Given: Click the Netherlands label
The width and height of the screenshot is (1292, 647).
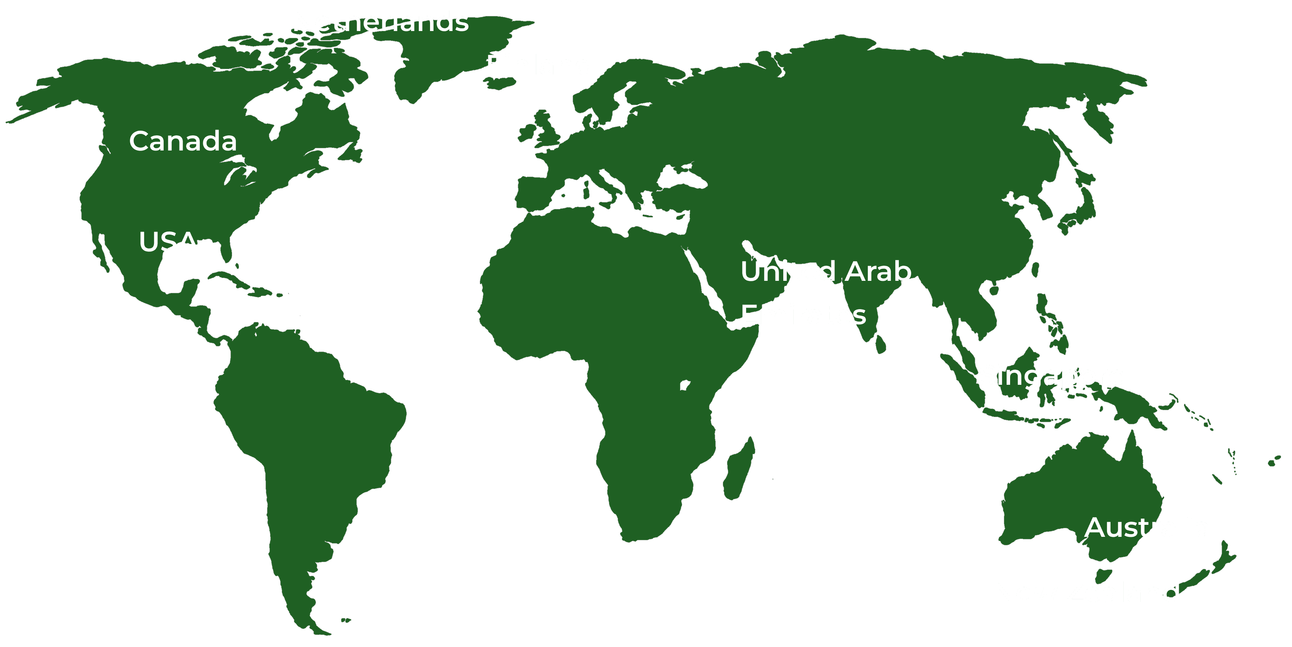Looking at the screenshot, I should (x=380, y=22).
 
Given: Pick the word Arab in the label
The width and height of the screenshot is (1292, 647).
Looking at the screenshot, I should (x=878, y=272).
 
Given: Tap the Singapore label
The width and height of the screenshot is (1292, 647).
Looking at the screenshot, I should (x=1052, y=375).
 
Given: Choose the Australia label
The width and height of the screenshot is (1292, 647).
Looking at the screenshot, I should (x=1147, y=528).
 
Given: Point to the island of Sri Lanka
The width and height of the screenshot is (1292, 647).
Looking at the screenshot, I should (x=881, y=344).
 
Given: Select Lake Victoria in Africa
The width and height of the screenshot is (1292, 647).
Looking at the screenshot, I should (x=685, y=385).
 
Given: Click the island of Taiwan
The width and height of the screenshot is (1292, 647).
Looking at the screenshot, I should (x=1035, y=270).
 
